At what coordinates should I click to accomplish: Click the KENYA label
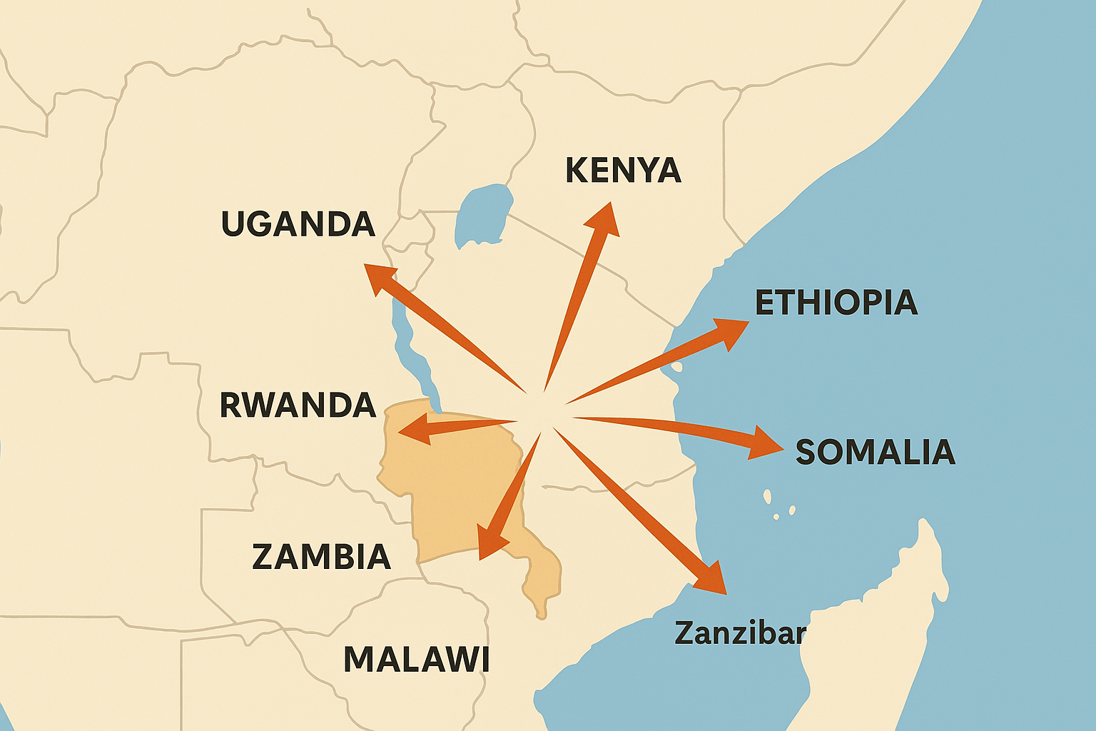[623, 171]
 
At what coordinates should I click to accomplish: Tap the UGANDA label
[298, 224]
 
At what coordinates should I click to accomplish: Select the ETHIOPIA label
[836, 303]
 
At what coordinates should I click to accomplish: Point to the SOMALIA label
[876, 452]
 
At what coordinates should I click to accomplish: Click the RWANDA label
[298, 405]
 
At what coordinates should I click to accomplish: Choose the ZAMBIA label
[322, 557]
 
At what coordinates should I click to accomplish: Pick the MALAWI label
[417, 660]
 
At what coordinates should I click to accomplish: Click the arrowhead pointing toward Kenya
[604, 218]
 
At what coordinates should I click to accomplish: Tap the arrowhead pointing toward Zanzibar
[711, 579]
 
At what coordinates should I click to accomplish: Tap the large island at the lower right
[878, 642]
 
